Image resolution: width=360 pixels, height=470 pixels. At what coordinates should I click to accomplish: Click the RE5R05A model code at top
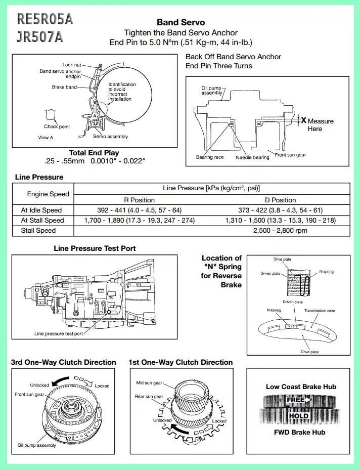(45, 19)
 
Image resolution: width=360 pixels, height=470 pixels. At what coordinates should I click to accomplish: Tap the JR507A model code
(40, 37)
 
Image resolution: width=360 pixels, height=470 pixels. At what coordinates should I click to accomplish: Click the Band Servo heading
(181, 22)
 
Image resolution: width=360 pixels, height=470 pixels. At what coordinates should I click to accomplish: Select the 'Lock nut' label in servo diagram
(71, 65)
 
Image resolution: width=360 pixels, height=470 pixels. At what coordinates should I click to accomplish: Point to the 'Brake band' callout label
(64, 87)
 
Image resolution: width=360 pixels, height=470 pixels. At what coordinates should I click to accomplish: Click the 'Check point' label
(57, 126)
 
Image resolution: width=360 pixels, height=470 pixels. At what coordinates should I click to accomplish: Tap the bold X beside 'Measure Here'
(303, 120)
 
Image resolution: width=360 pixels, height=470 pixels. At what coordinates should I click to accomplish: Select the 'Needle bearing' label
(252, 157)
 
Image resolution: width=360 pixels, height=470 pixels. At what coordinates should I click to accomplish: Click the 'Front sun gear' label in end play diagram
(290, 155)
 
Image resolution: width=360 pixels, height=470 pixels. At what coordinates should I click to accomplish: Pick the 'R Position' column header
(139, 200)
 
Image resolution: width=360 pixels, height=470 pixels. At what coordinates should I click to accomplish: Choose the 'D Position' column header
(280, 200)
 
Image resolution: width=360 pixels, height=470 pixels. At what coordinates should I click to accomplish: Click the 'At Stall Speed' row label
(42, 220)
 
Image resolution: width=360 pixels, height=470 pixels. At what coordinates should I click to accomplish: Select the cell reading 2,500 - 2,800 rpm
(280, 230)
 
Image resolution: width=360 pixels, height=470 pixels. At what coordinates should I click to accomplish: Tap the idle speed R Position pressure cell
(139, 210)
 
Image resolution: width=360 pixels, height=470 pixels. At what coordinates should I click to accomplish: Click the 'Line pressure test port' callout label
(59, 333)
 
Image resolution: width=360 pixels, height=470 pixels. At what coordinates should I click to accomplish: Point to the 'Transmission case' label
(319, 311)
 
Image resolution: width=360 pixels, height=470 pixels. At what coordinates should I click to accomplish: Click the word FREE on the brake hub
(296, 400)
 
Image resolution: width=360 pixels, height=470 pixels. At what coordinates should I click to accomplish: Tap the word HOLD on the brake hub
(298, 416)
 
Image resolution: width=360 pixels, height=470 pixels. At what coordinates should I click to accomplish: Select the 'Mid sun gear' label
(149, 383)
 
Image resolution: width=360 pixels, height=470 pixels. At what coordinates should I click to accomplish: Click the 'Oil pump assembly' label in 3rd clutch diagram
(37, 445)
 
